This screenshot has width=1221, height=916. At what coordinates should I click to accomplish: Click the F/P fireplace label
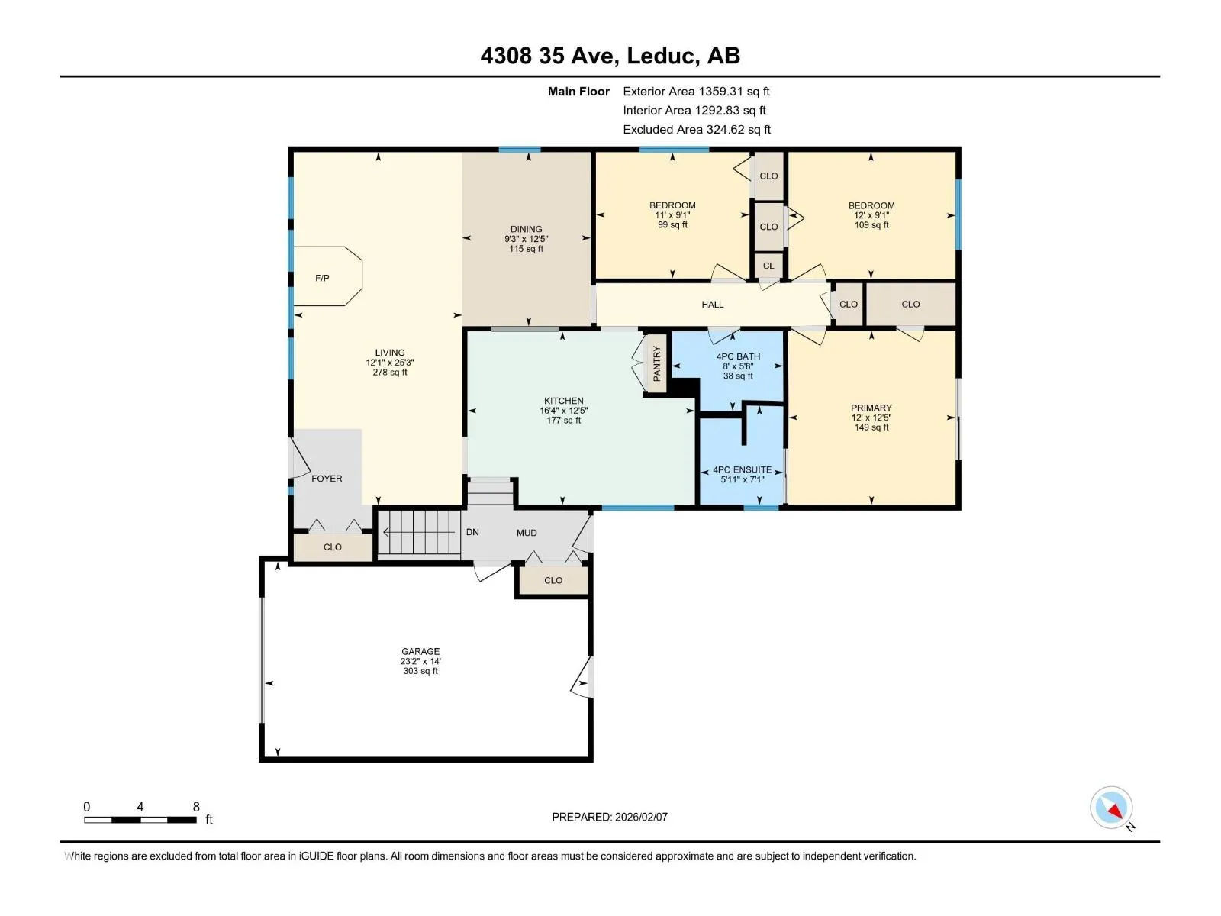(x=322, y=278)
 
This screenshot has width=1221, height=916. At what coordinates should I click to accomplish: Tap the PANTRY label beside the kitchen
(x=656, y=363)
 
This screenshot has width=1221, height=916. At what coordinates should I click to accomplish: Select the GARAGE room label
(x=420, y=650)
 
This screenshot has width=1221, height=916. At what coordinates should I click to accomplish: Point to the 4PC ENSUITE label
(x=742, y=469)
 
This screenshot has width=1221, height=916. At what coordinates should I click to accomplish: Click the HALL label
(x=713, y=305)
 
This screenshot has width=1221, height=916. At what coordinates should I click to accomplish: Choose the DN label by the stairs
(x=472, y=532)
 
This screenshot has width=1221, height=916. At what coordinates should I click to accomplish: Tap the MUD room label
(x=527, y=533)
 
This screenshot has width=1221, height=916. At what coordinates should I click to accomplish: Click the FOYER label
(x=327, y=479)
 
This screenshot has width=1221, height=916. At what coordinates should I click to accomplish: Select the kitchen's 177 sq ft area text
(x=563, y=421)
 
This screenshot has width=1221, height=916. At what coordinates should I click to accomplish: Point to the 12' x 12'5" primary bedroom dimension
(x=871, y=418)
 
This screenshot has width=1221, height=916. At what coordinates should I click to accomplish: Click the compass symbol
(x=1111, y=808)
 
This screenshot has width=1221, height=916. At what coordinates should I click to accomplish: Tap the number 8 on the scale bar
(x=196, y=806)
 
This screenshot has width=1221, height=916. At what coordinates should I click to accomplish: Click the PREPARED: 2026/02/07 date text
(x=610, y=817)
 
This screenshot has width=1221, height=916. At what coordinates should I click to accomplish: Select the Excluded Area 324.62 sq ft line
(x=697, y=130)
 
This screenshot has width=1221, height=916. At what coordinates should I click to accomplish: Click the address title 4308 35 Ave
(x=547, y=56)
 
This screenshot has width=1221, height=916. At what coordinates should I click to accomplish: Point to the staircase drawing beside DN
(x=419, y=532)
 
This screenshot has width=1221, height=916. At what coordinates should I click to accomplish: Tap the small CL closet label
(x=768, y=266)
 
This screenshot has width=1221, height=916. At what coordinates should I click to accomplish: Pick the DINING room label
(x=527, y=228)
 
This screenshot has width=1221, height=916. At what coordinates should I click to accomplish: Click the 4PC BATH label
(x=738, y=356)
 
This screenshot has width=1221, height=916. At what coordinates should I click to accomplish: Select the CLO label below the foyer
(x=333, y=547)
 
